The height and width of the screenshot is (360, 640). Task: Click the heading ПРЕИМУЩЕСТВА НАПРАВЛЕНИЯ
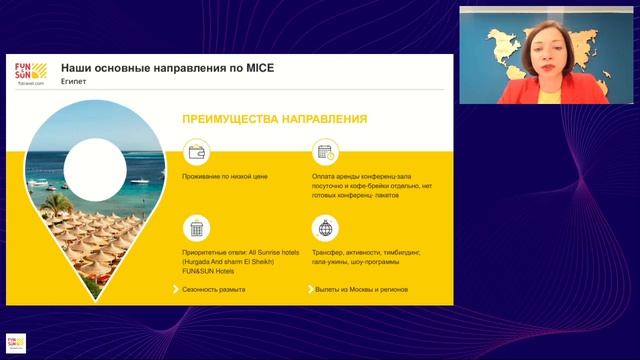coord(273,119)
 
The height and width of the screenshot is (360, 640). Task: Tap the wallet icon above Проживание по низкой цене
coord(197,153)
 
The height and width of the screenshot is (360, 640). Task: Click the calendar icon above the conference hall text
coord(324,153)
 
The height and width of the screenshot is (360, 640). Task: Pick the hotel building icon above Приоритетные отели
coord(197,227)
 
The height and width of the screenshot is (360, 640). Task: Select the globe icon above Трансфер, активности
coord(324,227)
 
